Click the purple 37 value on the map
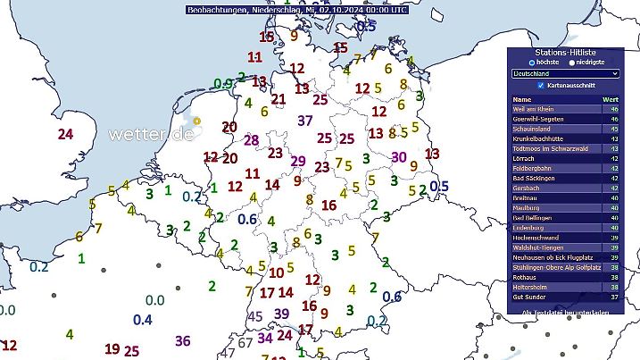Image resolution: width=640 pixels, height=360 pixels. click(305, 121)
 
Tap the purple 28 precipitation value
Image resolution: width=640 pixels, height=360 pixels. click(251, 140)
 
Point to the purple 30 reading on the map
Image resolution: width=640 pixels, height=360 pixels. click(399, 157)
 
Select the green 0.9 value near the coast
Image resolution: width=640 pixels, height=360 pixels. click(223, 84)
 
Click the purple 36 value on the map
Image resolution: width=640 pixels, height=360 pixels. click(183, 340)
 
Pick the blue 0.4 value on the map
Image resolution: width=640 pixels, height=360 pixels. click(142, 320)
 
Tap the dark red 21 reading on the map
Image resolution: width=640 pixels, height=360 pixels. click(278, 99)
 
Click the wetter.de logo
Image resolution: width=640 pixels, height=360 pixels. click(152, 134)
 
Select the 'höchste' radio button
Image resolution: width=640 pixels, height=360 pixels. click(532, 63)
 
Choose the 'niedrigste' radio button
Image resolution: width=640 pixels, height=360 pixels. click(572, 63)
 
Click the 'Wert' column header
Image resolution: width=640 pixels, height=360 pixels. click(610, 99)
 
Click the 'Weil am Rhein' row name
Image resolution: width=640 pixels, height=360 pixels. click(535, 109)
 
